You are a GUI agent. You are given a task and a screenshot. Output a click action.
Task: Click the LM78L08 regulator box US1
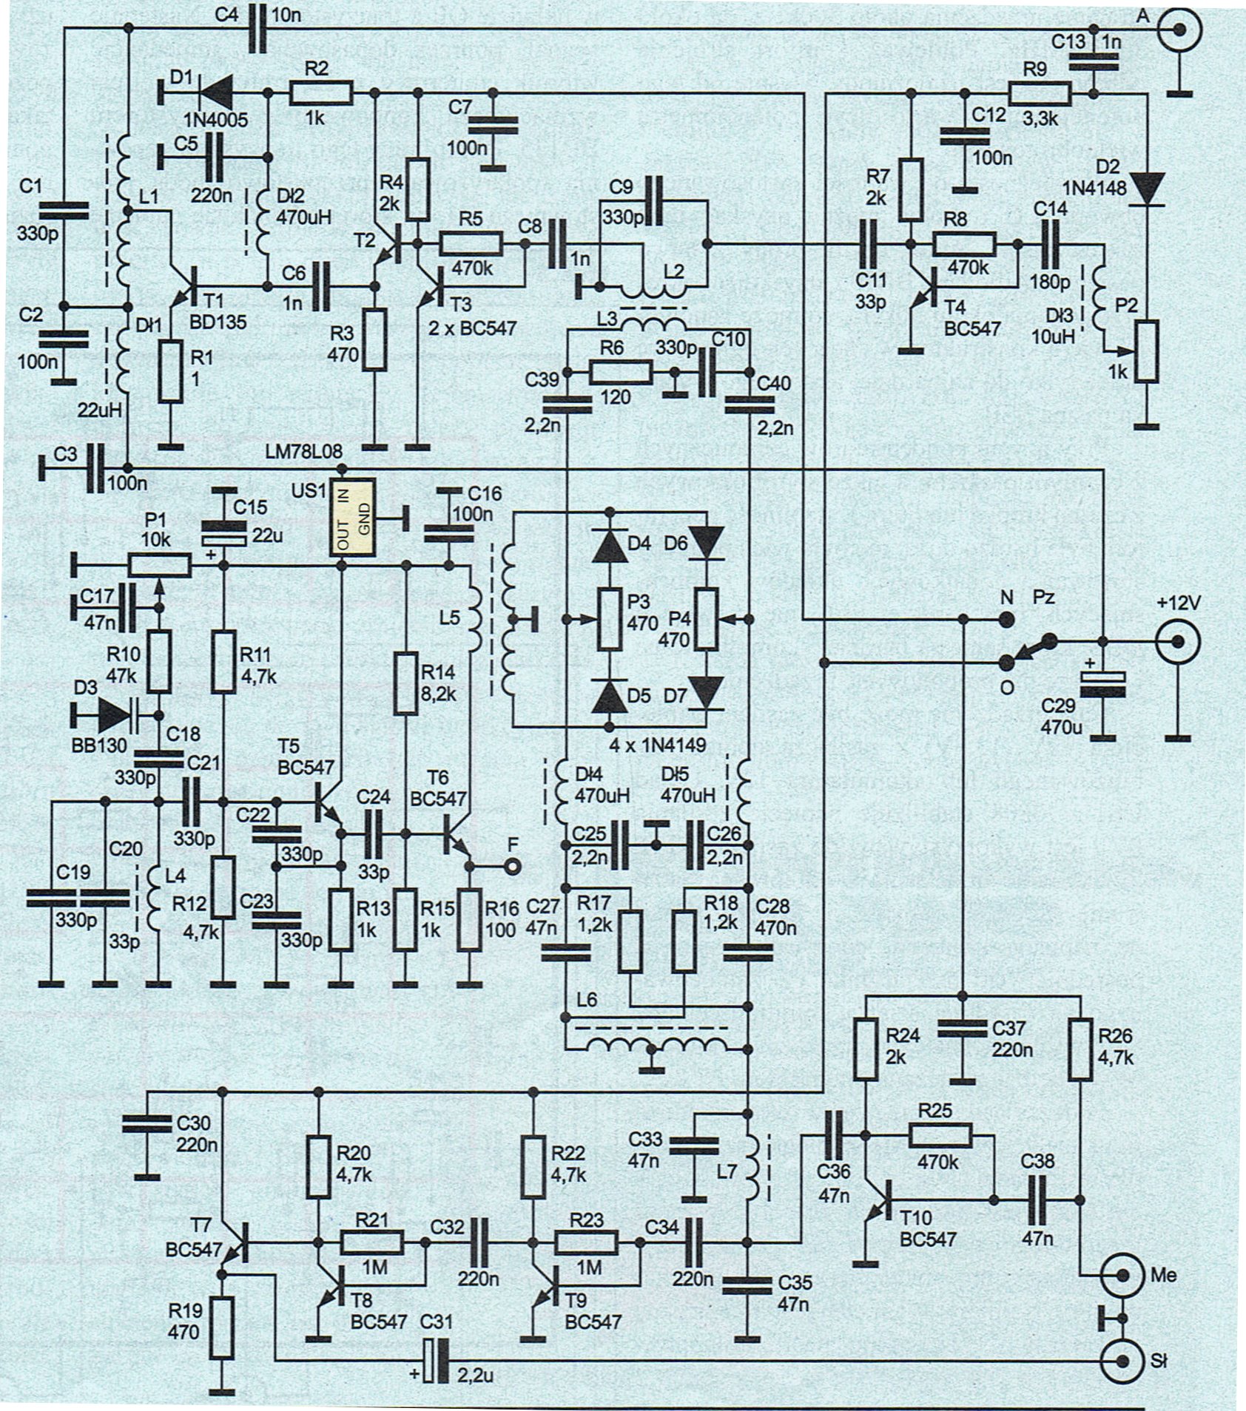[352, 516]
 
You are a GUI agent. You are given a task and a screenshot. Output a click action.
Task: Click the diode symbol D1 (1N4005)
[215, 92]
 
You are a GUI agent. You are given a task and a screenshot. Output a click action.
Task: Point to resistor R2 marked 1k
[321, 93]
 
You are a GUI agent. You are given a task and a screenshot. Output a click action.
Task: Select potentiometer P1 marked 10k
[159, 566]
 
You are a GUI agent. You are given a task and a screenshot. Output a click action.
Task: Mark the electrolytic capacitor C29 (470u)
[1103, 685]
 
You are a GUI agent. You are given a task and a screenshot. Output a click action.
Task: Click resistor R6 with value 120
[620, 371]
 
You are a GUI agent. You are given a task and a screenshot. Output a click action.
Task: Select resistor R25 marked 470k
[940, 1136]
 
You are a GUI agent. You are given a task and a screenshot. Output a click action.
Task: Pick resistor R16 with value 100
[469, 920]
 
